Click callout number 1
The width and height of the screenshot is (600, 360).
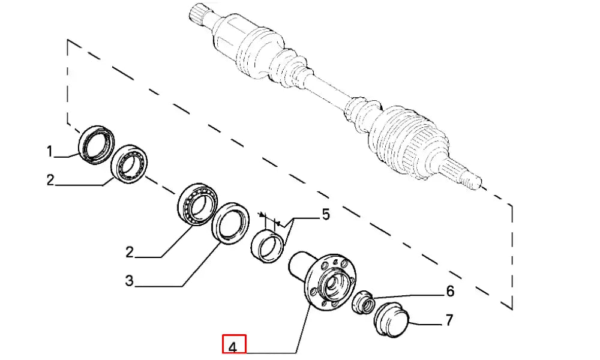[50, 152]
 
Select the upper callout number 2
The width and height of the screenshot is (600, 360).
[50, 179]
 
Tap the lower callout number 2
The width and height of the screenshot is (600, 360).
[129, 252]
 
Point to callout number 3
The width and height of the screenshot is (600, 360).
[129, 280]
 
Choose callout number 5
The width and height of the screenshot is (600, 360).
[326, 215]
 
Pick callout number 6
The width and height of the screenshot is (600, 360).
[449, 292]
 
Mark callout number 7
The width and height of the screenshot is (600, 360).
[449, 320]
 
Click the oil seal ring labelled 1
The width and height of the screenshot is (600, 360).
[96, 144]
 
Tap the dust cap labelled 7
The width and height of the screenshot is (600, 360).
[391, 321]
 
